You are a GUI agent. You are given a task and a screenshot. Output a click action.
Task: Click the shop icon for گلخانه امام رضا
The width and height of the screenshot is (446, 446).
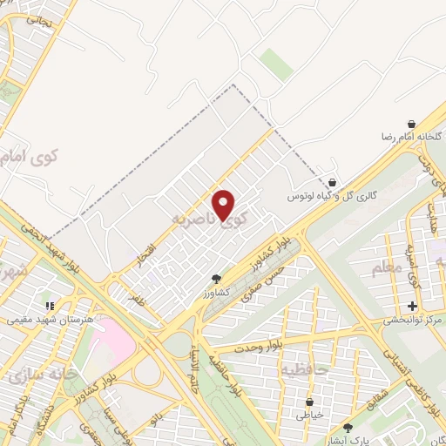(410, 124)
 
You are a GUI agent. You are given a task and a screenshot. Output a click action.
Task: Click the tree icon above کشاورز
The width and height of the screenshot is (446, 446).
(216, 279)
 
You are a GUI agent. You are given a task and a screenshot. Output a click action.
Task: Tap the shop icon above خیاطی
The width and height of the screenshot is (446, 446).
(310, 402)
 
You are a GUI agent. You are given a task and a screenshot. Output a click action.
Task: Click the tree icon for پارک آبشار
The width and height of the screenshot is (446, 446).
(348, 428)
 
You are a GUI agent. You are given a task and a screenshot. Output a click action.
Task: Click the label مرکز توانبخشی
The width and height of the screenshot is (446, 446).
(413, 321)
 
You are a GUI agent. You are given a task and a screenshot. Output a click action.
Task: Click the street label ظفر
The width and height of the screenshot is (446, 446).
(134, 298)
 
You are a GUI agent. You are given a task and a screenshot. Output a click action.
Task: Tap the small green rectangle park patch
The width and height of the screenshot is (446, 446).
(276, 64)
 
